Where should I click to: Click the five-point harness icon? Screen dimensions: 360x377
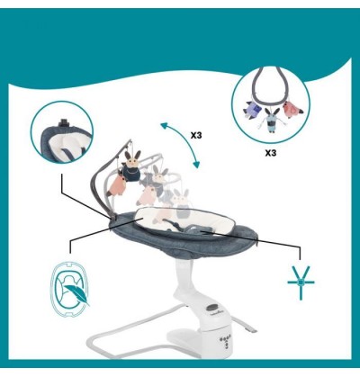(x=301, y=282)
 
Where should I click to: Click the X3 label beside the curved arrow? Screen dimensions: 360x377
(x=196, y=136)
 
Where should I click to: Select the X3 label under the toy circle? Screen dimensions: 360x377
(x=270, y=153)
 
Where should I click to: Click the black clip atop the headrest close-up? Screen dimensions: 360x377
(x=64, y=122)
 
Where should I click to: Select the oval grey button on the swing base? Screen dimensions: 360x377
(x=212, y=308)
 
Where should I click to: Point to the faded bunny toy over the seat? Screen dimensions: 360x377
(x=182, y=203)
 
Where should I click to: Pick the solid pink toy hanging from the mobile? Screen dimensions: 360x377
(x=120, y=186)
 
